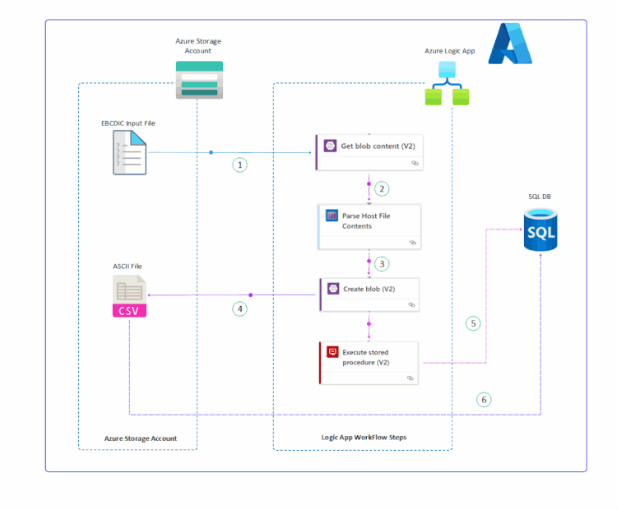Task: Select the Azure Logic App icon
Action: [x=447, y=85]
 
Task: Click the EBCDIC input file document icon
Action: [x=129, y=153]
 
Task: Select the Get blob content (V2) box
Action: [x=369, y=152]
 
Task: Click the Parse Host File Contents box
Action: [x=369, y=226]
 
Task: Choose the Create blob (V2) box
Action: [x=369, y=294]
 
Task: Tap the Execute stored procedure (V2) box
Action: [x=369, y=362]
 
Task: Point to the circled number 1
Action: [x=239, y=165]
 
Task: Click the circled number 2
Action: [x=381, y=188]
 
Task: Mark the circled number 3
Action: [x=381, y=264]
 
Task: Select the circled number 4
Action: [x=239, y=309]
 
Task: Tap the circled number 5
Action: [x=472, y=323]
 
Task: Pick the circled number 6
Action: [x=484, y=400]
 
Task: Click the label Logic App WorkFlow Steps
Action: [x=363, y=437]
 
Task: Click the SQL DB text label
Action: [x=540, y=197]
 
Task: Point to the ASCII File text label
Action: [x=128, y=267]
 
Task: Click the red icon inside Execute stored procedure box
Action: [x=332, y=352]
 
